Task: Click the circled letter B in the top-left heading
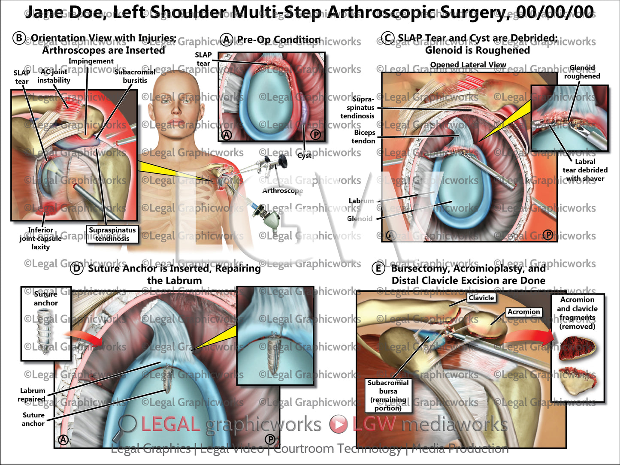tap(19, 39)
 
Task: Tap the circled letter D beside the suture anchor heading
tap(76, 269)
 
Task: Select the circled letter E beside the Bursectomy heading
tap(378, 269)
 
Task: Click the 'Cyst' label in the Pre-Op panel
tap(304, 155)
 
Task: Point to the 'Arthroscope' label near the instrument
tap(282, 190)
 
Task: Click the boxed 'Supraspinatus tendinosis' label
tap(112, 234)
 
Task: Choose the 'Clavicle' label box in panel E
tap(481, 298)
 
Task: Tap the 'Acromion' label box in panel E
tap(523, 312)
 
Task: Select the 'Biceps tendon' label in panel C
tap(364, 137)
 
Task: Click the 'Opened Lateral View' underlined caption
tap(468, 65)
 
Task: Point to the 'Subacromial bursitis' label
tap(135, 76)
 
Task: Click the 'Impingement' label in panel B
tap(91, 61)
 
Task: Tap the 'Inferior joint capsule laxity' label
tap(40, 239)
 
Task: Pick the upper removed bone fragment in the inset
tap(576, 347)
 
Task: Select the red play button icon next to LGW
tap(339, 424)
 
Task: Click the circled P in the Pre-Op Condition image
tap(316, 135)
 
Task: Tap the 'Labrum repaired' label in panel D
tap(32, 395)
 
